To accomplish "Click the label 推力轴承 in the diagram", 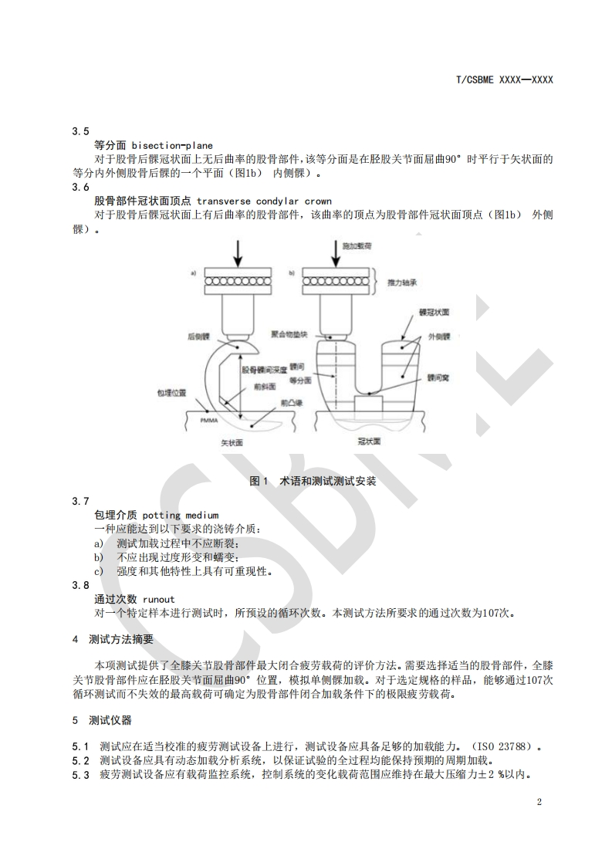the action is tap(402, 283).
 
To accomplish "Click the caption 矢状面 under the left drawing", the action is tap(233, 445).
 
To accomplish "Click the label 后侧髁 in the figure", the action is tap(198, 337).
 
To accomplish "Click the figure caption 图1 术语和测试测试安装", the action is tap(313, 481).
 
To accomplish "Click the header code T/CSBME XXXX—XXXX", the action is tap(505, 79).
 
